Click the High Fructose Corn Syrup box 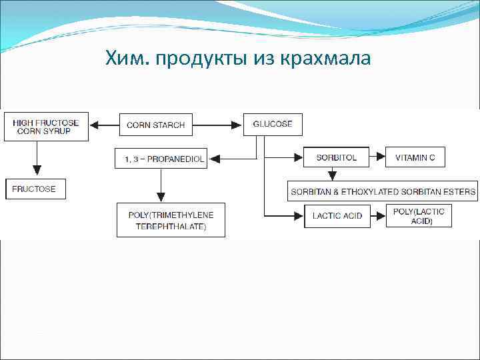[x=46, y=127]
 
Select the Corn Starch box [x=156, y=125]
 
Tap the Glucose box [x=272, y=125]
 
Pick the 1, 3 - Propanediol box [x=160, y=159]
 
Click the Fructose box [x=35, y=189]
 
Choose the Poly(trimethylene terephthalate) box [x=171, y=220]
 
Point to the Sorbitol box [x=337, y=157]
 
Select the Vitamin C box [x=415, y=157]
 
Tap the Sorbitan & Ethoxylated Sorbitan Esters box [x=383, y=192]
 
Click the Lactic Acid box [x=337, y=216]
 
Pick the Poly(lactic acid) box [x=419, y=216]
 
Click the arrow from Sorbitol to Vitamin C [x=378, y=157]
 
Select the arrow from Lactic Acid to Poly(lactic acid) [x=378, y=216]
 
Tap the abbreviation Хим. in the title [x=127, y=60]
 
